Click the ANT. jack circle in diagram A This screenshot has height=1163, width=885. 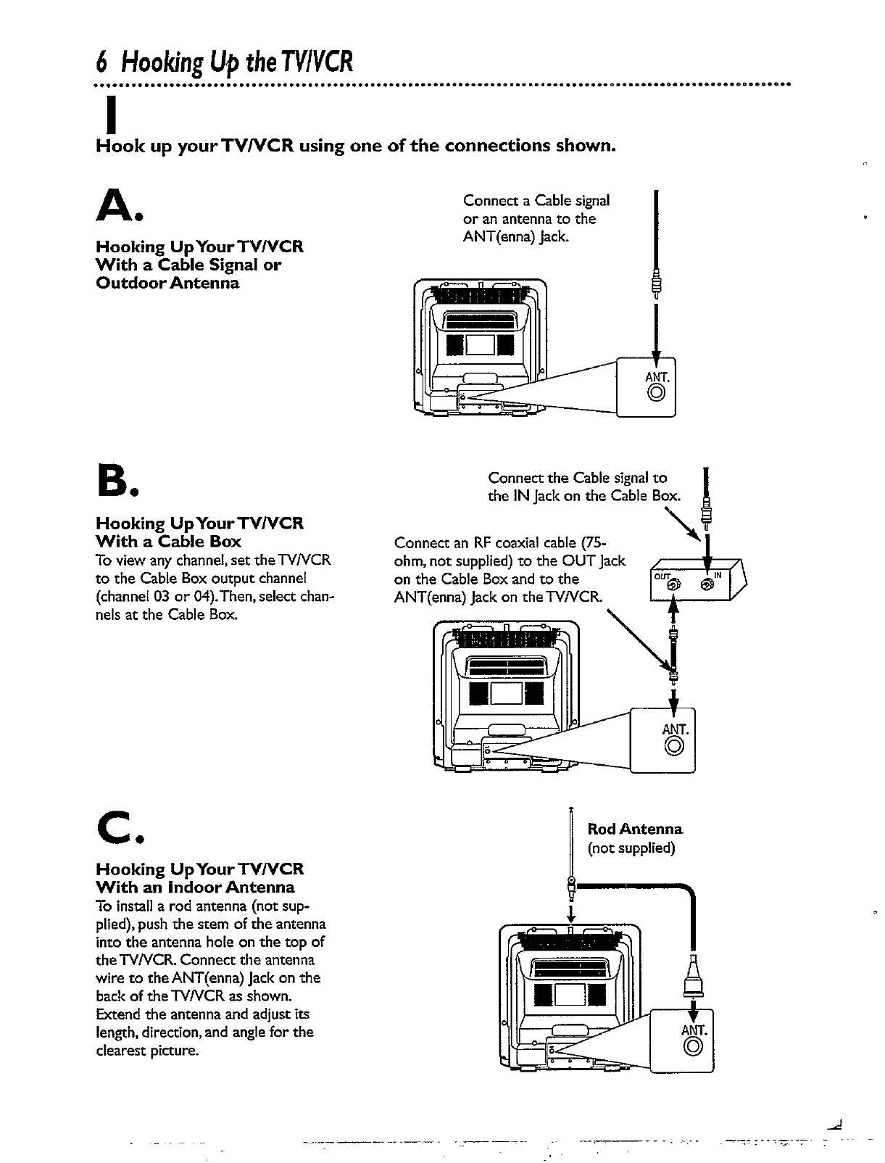coord(656,394)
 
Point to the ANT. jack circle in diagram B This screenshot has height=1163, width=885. coord(674,745)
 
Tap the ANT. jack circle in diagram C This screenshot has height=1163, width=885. coord(692,1046)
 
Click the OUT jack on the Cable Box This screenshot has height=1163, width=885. coord(673,584)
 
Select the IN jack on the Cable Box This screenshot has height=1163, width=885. coord(707,584)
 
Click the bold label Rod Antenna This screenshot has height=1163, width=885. coord(635,829)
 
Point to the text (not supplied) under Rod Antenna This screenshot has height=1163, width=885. coord(631,848)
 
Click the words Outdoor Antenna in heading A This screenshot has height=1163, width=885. coord(167,283)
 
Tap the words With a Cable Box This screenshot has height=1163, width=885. coord(168,541)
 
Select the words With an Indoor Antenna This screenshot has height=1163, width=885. coord(195,887)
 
